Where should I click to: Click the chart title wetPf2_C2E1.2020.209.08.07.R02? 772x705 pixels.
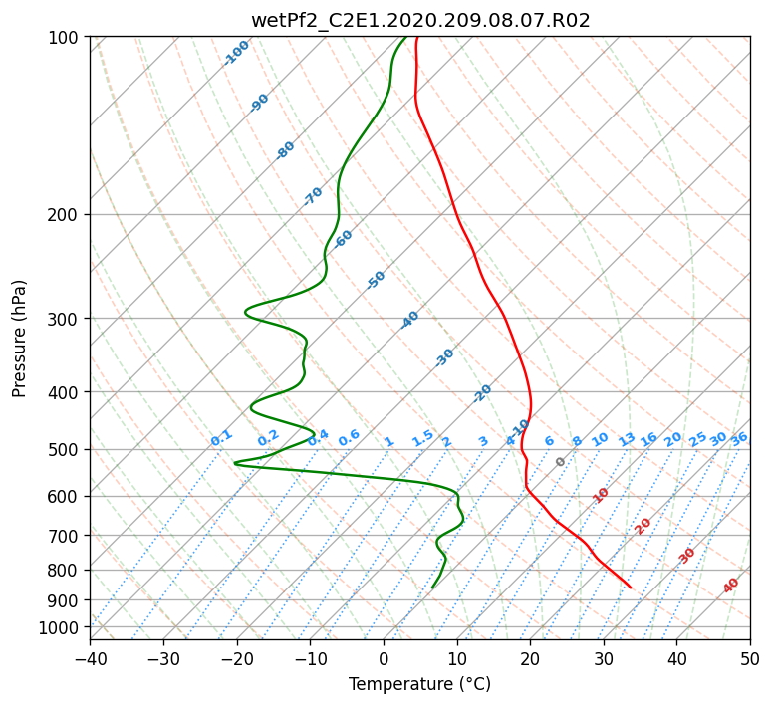(x=420, y=21)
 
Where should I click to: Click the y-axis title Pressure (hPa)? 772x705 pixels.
(x=19, y=339)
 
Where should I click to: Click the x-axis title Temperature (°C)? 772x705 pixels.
(x=419, y=684)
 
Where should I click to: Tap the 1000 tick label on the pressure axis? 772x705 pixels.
(x=65, y=628)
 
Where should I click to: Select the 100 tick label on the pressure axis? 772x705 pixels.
(x=69, y=38)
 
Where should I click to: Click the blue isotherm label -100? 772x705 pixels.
(x=236, y=53)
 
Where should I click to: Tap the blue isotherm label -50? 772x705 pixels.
(x=376, y=280)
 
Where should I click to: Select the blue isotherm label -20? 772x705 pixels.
(x=482, y=393)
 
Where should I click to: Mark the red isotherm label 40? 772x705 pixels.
(x=730, y=586)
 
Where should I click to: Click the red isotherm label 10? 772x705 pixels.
(x=601, y=495)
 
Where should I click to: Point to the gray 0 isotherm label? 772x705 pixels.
(x=560, y=462)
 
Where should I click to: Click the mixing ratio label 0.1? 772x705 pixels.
(x=221, y=438)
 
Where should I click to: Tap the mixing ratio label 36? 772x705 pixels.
(x=739, y=439)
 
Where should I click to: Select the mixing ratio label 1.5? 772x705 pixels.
(x=423, y=438)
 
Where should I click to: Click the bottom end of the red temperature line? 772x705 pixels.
(x=631, y=587)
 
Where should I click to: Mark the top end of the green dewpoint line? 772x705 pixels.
(x=406, y=37)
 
